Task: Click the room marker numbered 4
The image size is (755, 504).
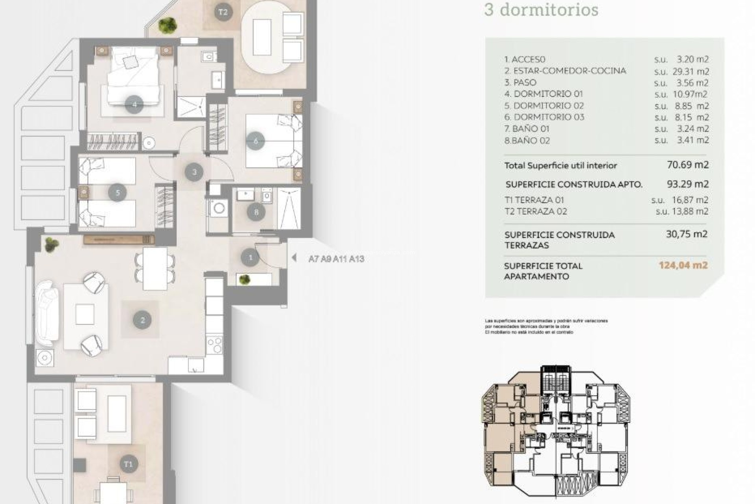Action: [x=134, y=105]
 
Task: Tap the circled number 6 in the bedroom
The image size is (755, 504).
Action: [x=256, y=141]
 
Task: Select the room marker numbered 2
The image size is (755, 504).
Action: [x=142, y=320]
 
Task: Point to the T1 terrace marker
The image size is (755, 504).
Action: [x=128, y=464]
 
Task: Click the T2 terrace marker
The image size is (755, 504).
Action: [x=223, y=12]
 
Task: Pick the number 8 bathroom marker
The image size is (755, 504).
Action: [x=256, y=213]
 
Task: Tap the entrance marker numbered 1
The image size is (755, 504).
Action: [x=250, y=258]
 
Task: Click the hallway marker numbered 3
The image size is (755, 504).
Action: [x=194, y=172]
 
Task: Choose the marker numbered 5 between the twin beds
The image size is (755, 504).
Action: [x=118, y=193]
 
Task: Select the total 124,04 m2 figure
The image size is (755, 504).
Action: [x=683, y=265]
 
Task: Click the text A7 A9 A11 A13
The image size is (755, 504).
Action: [x=336, y=259]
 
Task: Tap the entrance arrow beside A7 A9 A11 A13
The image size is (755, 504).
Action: [x=294, y=258]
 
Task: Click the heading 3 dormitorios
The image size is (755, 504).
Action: [x=541, y=10]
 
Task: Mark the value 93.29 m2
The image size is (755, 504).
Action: [x=688, y=184]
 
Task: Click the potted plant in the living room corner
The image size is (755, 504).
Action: [x=51, y=245]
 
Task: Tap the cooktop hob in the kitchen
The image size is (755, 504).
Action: [x=215, y=345]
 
